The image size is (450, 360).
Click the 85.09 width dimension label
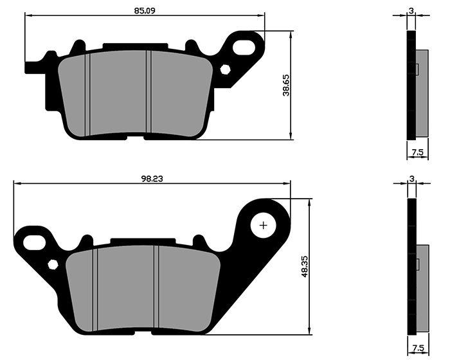click(145, 11)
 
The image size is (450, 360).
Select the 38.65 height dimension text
click(286, 85)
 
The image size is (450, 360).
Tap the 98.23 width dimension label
click(152, 179)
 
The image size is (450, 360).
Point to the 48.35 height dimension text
click(305, 266)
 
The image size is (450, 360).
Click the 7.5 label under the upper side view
click(418, 152)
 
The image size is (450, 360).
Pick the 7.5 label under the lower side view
click(418, 348)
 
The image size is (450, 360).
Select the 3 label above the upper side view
click(411, 11)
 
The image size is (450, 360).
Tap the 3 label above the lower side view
click(412, 179)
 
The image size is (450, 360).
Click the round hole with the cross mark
click(263, 226)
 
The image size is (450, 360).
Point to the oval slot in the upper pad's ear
click(244, 48)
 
